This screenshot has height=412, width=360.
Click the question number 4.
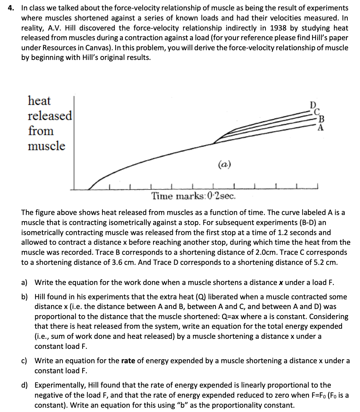coord(11,8)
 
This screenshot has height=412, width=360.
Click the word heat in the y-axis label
coord(40,100)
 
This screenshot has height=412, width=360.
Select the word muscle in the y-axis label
coord(47,146)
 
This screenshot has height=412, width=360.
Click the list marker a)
coord(24,282)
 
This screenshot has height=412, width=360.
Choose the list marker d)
coord(24,385)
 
